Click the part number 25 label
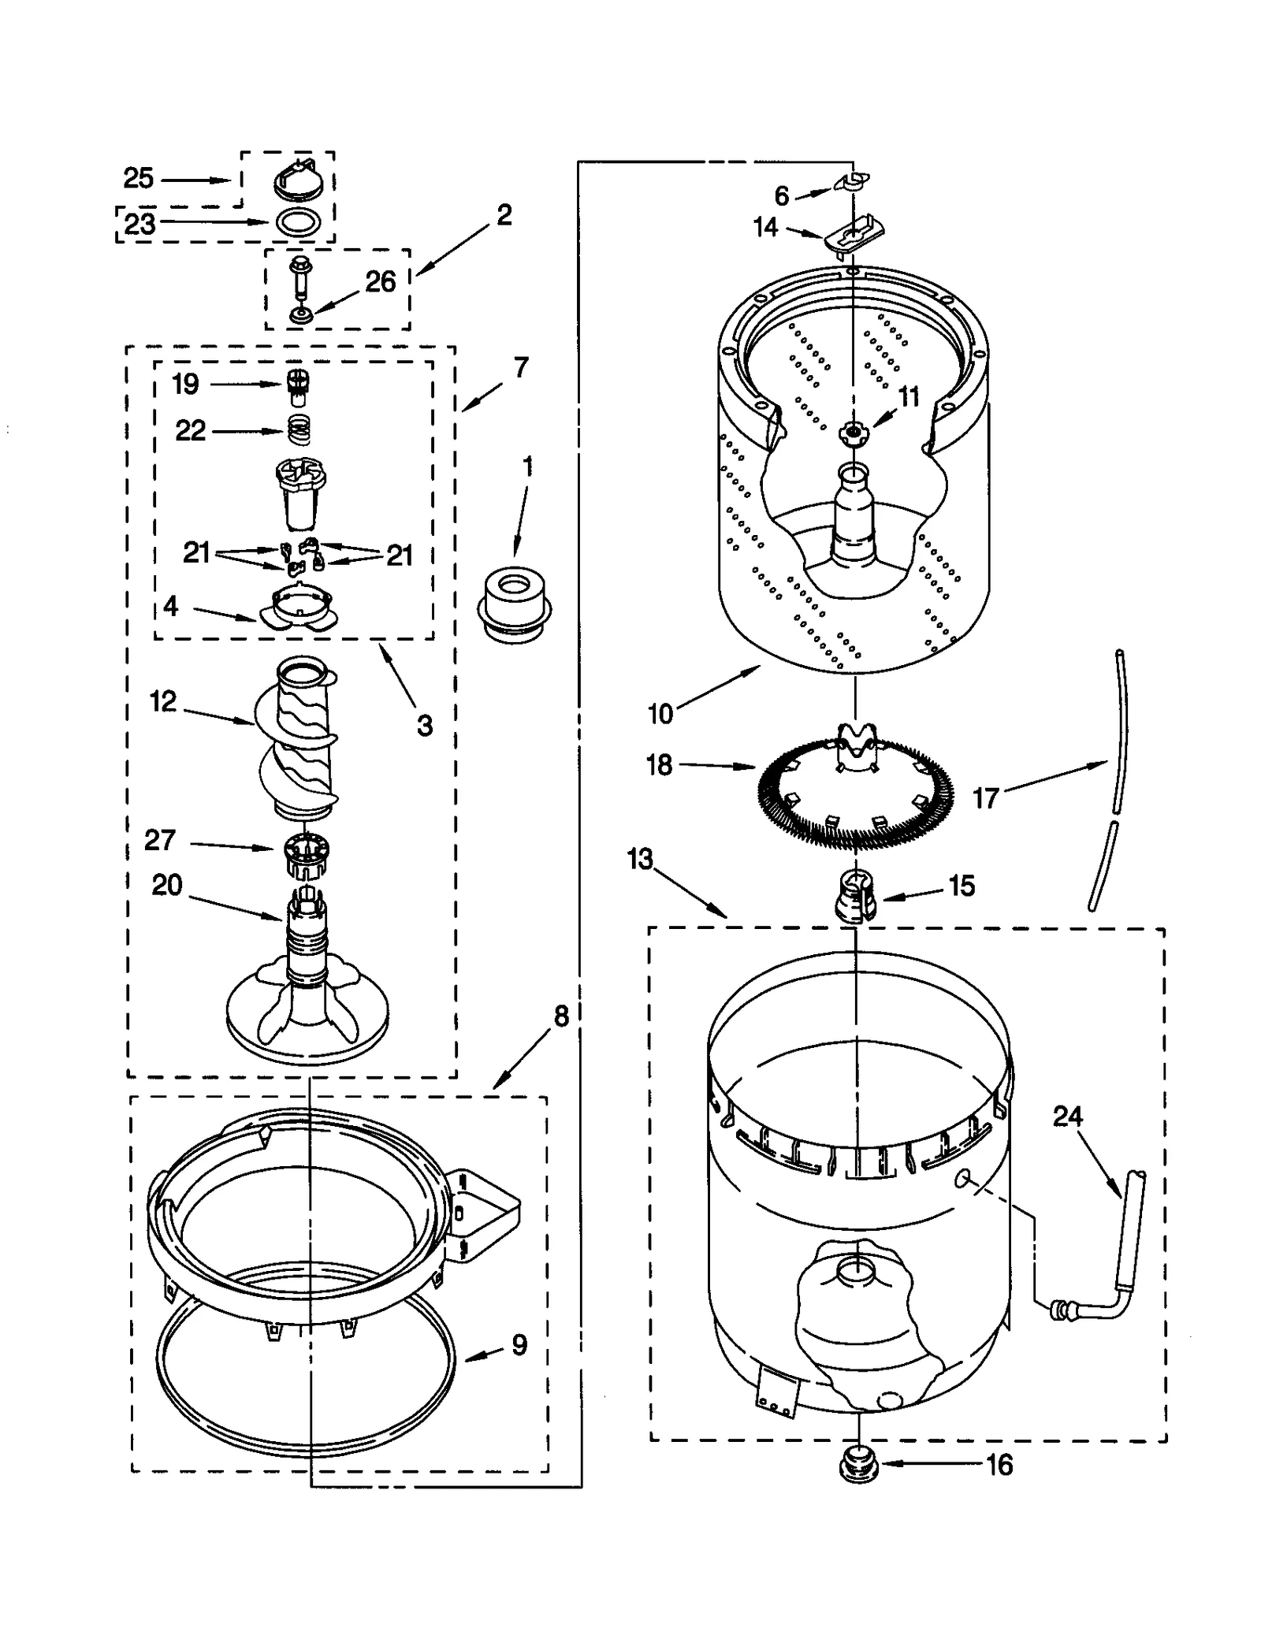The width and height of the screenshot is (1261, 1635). [x=138, y=179]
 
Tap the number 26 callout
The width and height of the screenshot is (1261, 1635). [x=380, y=281]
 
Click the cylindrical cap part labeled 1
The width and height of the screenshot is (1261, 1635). [x=514, y=605]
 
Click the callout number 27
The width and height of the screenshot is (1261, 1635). [x=159, y=840]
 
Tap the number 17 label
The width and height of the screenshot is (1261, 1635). [x=986, y=798]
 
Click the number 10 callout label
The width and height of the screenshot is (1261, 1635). [x=660, y=713]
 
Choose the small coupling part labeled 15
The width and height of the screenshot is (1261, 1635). [x=854, y=894]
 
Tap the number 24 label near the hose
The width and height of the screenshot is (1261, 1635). [x=1068, y=1116]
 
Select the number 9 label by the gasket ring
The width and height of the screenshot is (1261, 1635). [x=519, y=1344]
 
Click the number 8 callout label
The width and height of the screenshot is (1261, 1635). [x=560, y=1016]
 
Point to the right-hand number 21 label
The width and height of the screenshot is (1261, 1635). [x=400, y=556]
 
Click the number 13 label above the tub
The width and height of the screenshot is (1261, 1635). [x=640, y=858]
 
